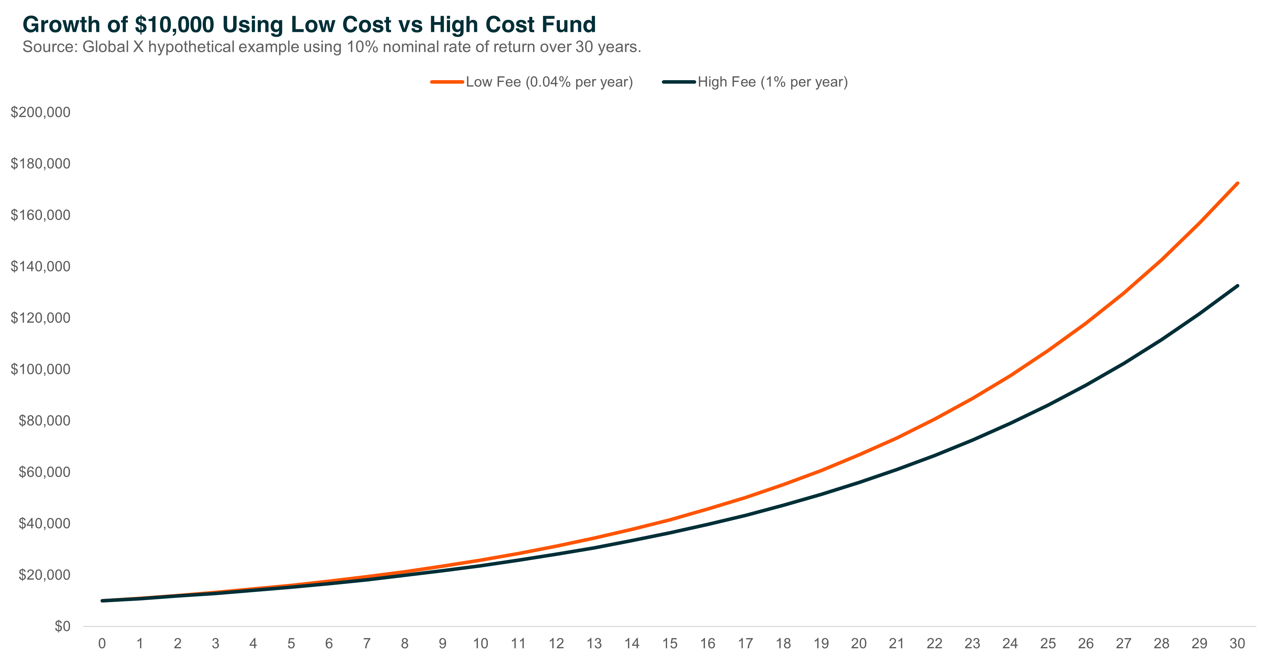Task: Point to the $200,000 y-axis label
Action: click(41, 112)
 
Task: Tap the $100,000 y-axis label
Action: click(41, 369)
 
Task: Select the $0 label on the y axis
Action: click(62, 626)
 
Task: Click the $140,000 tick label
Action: click(41, 266)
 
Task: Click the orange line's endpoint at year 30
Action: click(1237, 183)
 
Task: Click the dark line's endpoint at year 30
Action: click(1237, 286)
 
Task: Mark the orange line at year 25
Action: click(1048, 350)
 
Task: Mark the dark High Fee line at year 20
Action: click(859, 482)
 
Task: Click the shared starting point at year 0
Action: click(102, 601)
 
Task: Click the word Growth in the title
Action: click(61, 25)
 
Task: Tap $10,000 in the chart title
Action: click(174, 25)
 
